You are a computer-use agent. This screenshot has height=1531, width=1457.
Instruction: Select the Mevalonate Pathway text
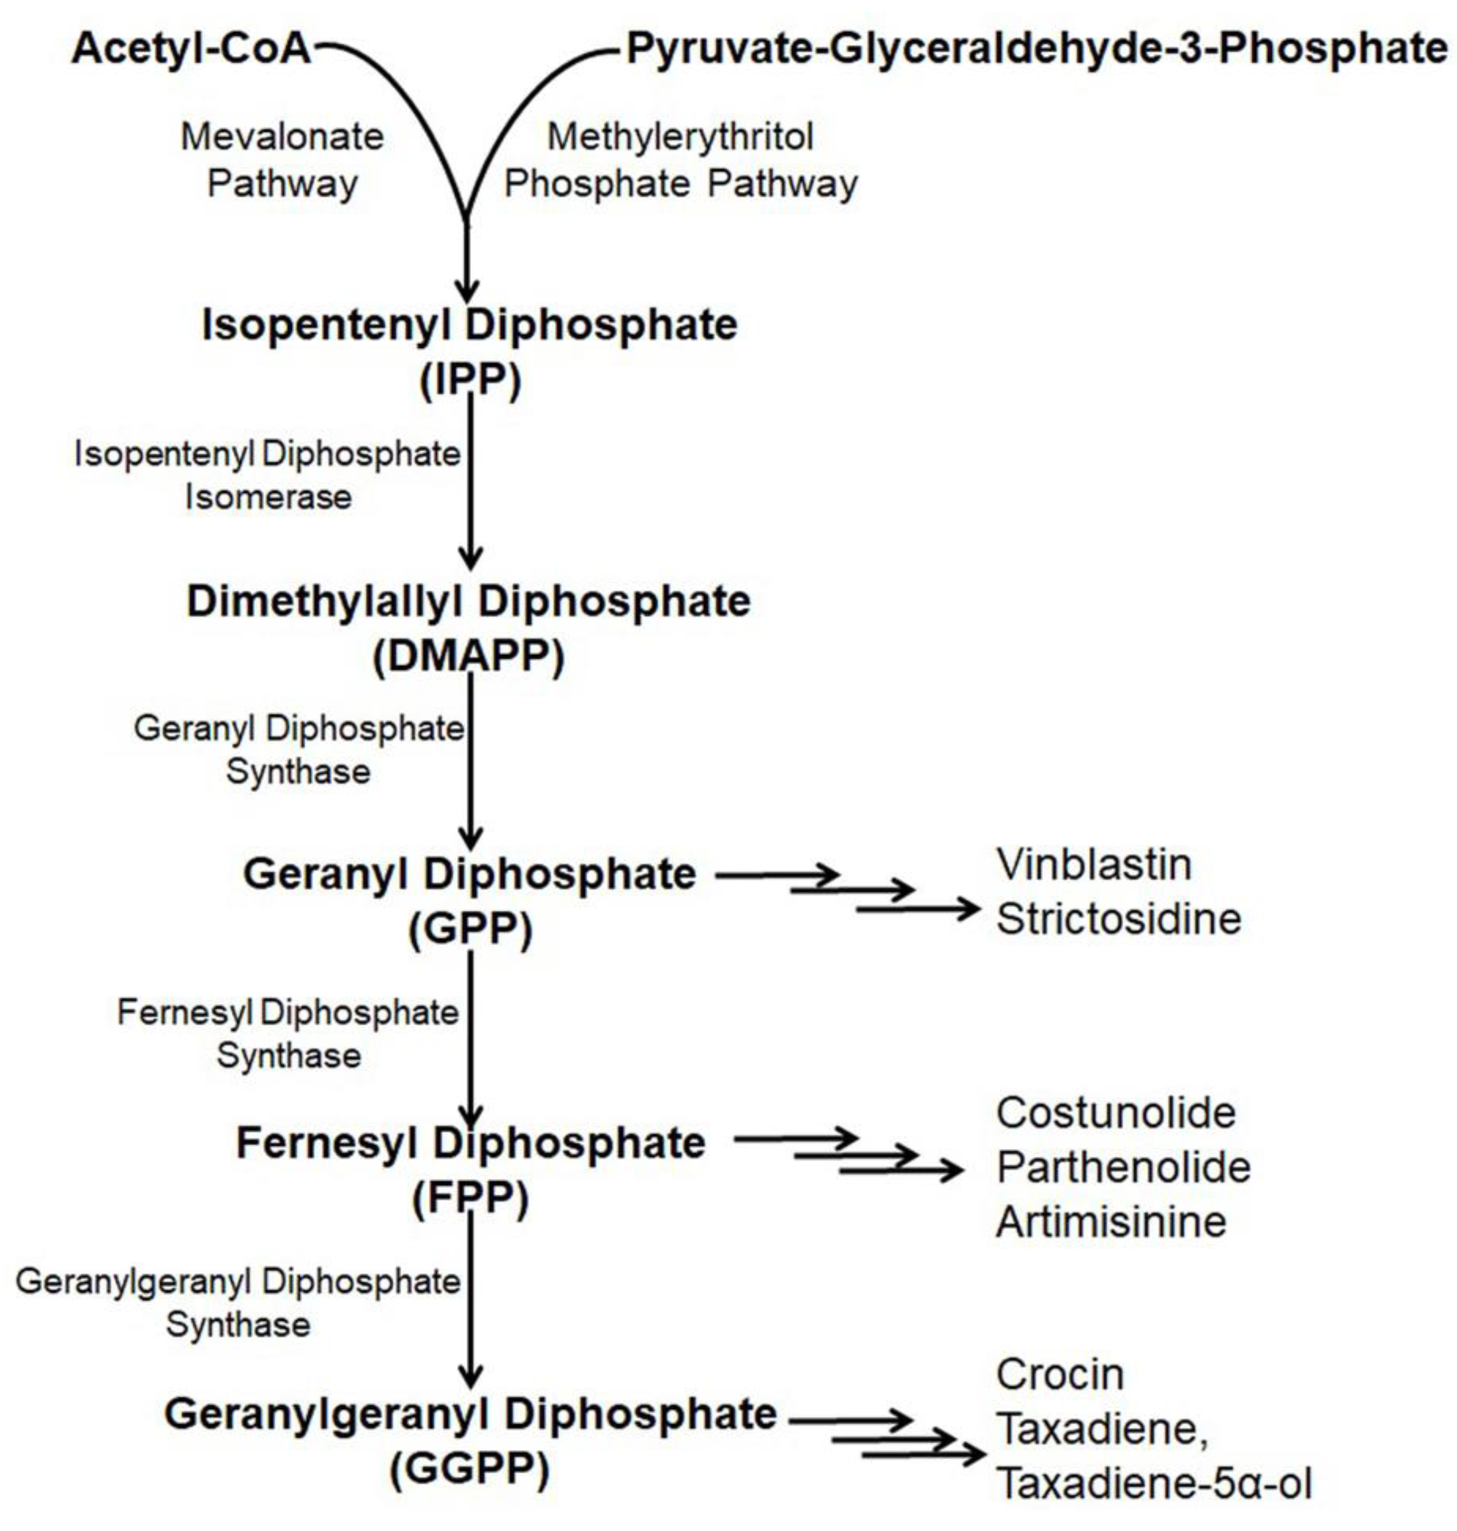(x=283, y=160)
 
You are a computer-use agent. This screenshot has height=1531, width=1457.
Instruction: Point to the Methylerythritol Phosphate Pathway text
(x=681, y=160)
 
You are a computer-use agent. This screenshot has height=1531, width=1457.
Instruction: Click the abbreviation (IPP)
(x=470, y=381)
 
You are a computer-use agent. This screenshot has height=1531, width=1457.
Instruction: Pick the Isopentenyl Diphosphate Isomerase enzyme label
(x=267, y=475)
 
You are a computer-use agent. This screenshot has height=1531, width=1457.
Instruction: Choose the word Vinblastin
(x=1093, y=865)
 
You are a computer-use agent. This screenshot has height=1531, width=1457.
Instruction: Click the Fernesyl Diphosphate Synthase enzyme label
(x=288, y=1034)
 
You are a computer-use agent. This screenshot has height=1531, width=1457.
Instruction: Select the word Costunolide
(x=1116, y=1113)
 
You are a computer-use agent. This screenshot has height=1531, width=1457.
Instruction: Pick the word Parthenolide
(x=1124, y=1167)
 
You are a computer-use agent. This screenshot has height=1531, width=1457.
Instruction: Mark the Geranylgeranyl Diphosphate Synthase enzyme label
(x=238, y=1303)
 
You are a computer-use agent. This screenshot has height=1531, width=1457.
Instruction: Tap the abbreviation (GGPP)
(x=470, y=1468)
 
